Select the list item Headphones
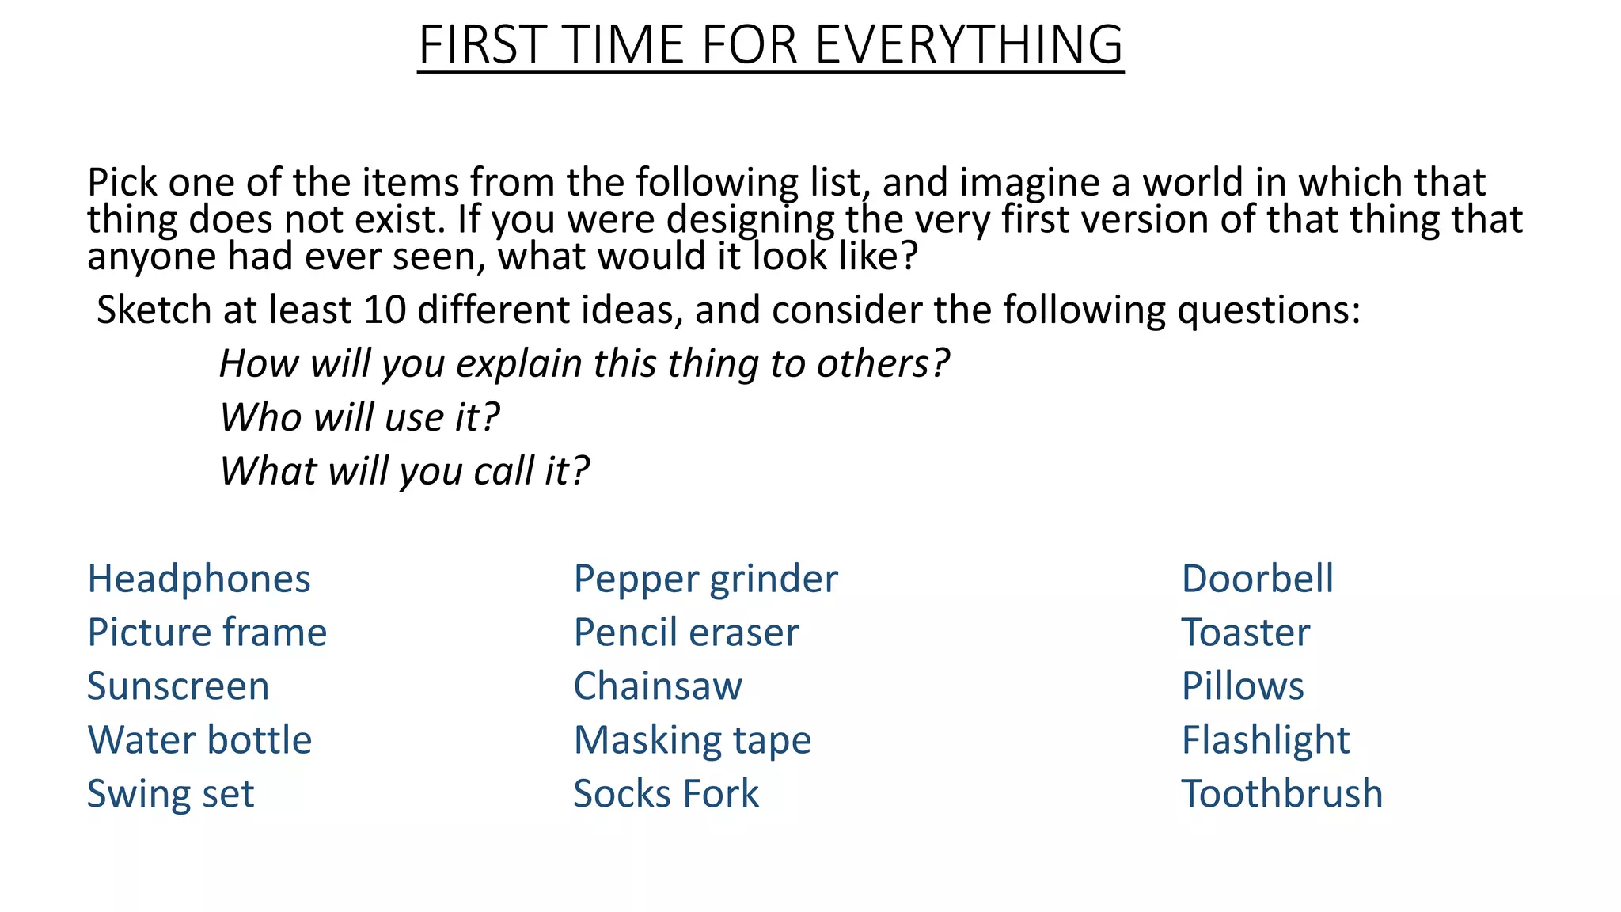pyautogui.click(x=199, y=579)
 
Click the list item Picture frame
pyautogui.click(x=207, y=633)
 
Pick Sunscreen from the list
pyautogui.click(x=178, y=686)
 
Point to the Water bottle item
pyautogui.click(x=199, y=740)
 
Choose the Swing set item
pyautogui.click(x=171, y=794)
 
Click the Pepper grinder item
pyautogui.click(x=705, y=579)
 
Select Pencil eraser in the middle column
pyautogui.click(x=686, y=633)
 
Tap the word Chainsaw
pyautogui.click(x=658, y=686)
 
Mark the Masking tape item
pyautogui.click(x=693, y=740)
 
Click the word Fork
pyautogui.click(x=721, y=794)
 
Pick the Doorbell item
pyautogui.click(x=1257, y=579)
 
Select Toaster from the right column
pyautogui.click(x=1246, y=633)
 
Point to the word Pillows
pyautogui.click(x=1243, y=686)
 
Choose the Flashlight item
pyautogui.click(x=1266, y=740)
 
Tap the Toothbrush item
pyautogui.click(x=1282, y=794)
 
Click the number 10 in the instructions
pyautogui.click(x=384, y=310)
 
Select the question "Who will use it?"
pyautogui.click(x=359, y=417)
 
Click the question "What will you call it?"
pyautogui.click(x=404, y=471)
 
